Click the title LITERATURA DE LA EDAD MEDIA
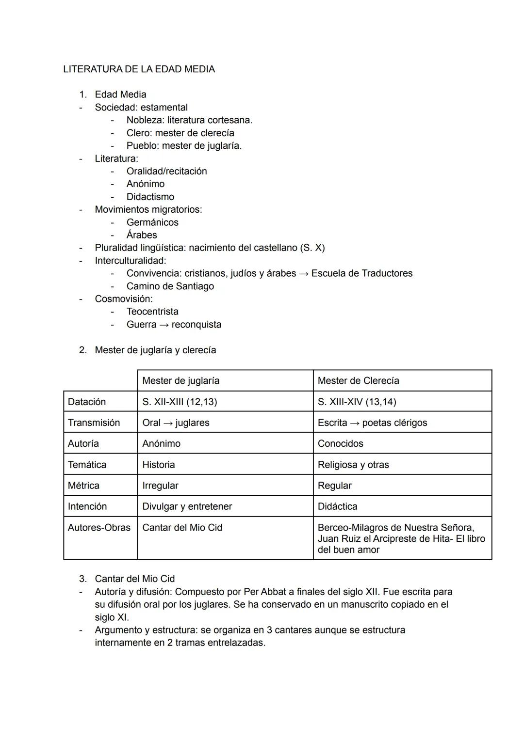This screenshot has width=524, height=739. [x=139, y=69]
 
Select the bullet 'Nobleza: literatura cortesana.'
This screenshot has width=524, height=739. [x=189, y=120]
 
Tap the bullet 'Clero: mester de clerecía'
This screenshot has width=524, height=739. [x=180, y=133]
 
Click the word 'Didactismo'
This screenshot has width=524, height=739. [x=150, y=197]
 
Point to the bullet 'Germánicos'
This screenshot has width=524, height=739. [x=152, y=222]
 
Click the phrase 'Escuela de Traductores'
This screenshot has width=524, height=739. [x=362, y=273]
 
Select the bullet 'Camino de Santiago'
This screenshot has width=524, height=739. [x=170, y=286]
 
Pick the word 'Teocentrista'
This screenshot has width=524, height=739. [x=152, y=312]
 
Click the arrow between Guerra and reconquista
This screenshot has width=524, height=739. [x=164, y=325]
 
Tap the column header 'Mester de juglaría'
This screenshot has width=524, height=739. [x=180, y=381]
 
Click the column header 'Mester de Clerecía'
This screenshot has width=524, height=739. [x=358, y=381]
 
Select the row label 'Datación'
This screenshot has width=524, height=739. [x=87, y=402]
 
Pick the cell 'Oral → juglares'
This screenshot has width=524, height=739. [x=176, y=423]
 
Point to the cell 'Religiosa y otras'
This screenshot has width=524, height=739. [x=353, y=465]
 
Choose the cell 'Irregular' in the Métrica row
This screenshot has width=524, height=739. [x=160, y=486]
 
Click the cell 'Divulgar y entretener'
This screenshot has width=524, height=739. [x=187, y=506]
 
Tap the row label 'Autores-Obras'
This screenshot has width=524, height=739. [x=99, y=528]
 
